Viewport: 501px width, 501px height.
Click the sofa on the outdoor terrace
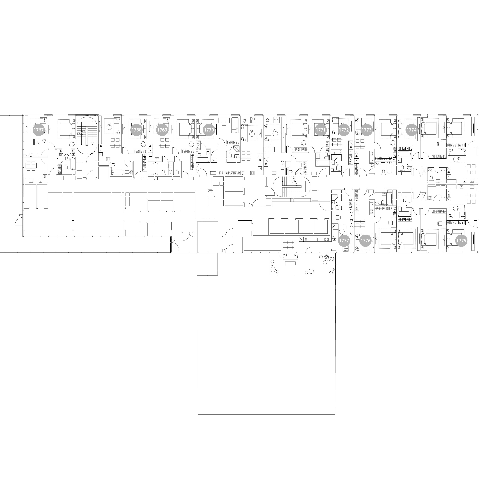click(x=290, y=257)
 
